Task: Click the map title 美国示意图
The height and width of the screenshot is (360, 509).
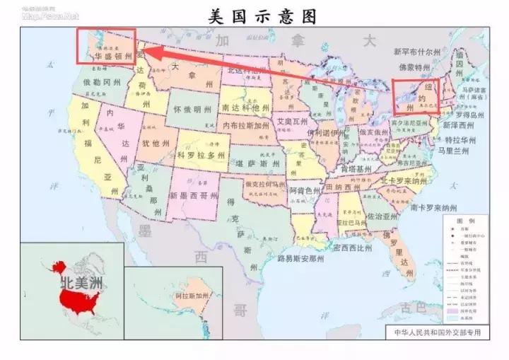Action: [x=262, y=16]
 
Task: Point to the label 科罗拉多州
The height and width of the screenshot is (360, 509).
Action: [x=201, y=155]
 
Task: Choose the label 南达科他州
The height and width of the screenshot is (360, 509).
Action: [x=245, y=108]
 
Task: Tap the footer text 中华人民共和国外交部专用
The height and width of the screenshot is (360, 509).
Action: [x=435, y=331]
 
